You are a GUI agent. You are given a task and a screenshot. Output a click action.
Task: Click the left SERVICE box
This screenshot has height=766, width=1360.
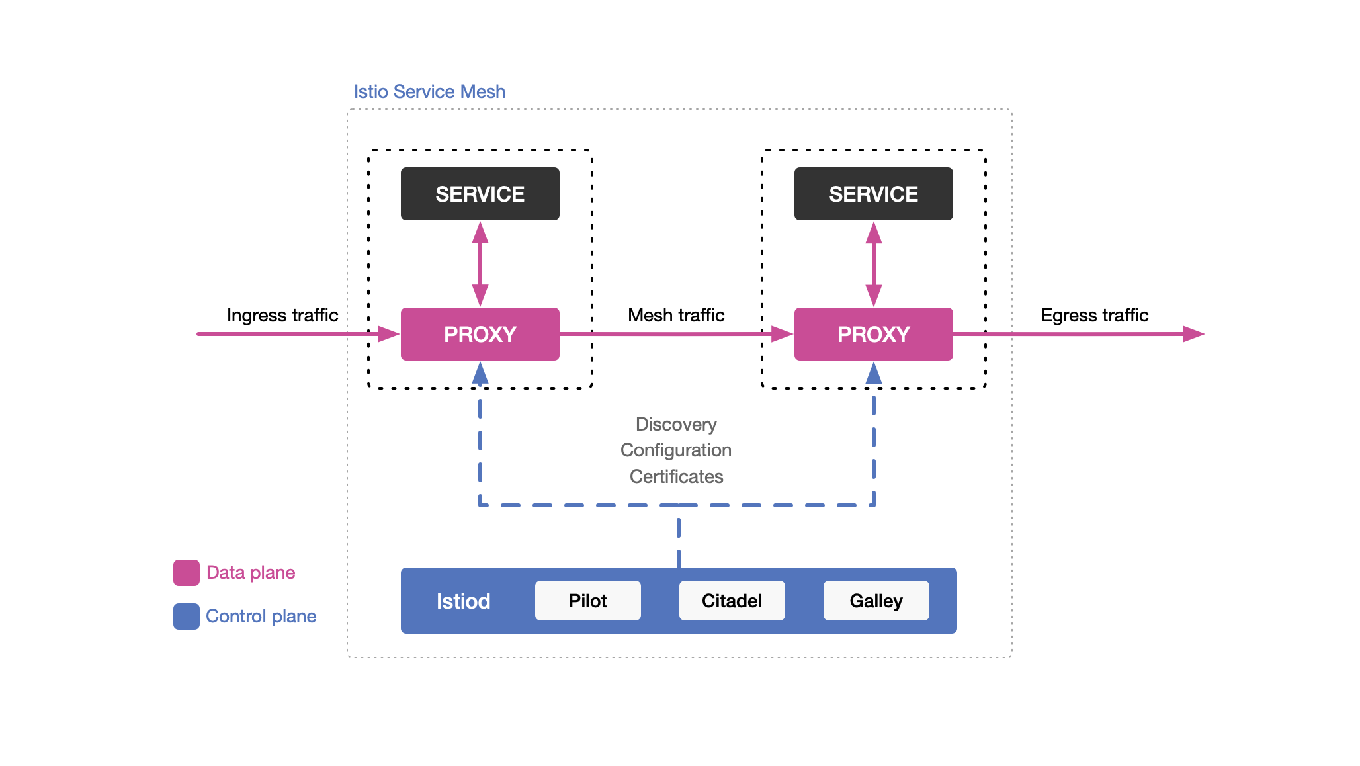tap(480, 194)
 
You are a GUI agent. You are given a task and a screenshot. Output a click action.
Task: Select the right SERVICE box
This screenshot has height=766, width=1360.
tap(873, 194)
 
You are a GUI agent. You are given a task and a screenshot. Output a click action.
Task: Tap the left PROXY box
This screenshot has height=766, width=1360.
tap(480, 334)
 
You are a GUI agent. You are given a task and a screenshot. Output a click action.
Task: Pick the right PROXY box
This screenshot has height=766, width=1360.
tap(873, 334)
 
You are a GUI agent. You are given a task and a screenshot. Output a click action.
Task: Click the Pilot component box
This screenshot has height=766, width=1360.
tap(587, 601)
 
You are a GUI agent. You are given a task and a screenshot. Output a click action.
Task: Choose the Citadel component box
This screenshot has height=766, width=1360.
tap(732, 601)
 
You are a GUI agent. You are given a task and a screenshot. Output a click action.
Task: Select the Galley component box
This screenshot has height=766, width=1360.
tap(876, 601)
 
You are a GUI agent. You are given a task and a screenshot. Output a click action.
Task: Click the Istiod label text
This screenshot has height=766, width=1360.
tap(463, 601)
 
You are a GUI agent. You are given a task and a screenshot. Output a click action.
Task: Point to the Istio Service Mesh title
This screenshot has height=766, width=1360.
tap(429, 91)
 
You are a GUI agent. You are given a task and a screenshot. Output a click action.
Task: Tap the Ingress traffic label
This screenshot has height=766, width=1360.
tap(282, 315)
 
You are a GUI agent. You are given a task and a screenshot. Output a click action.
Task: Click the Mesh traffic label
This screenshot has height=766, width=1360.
tap(676, 315)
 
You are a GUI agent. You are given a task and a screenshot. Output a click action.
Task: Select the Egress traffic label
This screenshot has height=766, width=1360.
tap(1094, 315)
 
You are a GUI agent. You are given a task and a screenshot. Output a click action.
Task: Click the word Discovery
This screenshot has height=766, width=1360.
tap(676, 424)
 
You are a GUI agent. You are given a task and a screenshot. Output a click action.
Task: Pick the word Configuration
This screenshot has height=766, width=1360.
tap(676, 450)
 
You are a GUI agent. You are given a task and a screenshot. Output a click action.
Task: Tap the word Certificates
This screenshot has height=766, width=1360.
tap(676, 476)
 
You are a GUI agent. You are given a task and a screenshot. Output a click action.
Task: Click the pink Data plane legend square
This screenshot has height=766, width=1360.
tap(187, 573)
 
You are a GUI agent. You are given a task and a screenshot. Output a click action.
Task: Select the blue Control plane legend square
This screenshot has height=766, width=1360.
tap(187, 617)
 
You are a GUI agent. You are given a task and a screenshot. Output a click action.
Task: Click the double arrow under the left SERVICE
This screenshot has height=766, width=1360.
tap(480, 264)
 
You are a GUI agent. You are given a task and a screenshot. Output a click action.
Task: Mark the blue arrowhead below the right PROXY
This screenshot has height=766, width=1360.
tap(874, 374)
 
